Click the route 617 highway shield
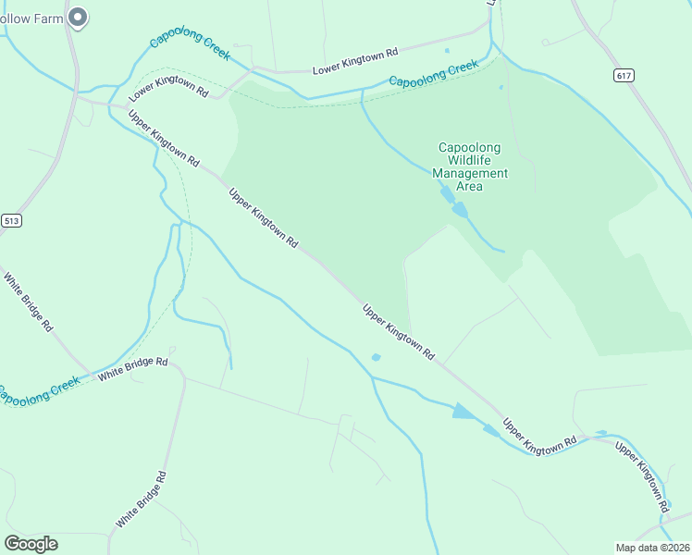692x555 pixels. pos(623,74)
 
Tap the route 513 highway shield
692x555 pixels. pos(11,220)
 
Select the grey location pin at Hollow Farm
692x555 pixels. pos(79,17)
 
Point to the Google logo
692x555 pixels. pos(31,543)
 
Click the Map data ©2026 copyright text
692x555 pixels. pos(651,547)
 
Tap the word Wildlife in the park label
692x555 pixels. pos(470,160)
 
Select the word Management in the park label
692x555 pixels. pos(470,173)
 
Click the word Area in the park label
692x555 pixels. pos(470,186)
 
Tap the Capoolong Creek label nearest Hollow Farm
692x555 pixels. pos(190,45)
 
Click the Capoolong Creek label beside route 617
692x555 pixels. pos(434,75)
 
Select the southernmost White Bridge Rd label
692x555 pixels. pos(142,499)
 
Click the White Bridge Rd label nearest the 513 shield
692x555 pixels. pos(27,302)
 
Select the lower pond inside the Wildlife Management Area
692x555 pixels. pos(460,211)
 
